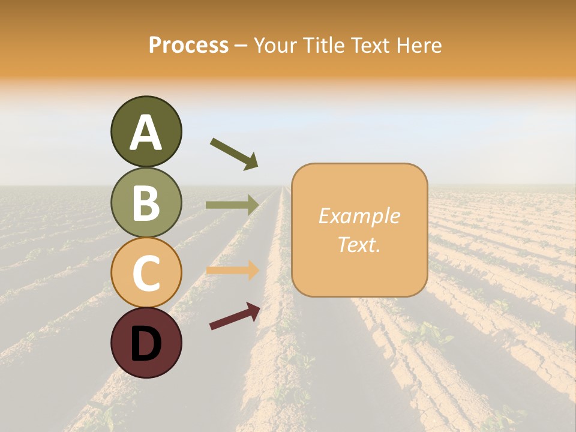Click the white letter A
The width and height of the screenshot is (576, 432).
(146, 133)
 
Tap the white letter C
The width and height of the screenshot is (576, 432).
(146, 273)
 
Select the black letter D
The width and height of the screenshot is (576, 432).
(146, 343)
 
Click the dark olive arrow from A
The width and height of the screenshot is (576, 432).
(234, 154)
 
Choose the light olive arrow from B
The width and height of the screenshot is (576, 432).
(232, 205)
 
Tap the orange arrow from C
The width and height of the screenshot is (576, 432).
(232, 271)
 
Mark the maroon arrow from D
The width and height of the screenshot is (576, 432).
(235, 316)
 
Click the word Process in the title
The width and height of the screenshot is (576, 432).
(188, 45)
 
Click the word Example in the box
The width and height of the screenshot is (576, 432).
(359, 216)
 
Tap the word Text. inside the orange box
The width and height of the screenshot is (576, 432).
(359, 245)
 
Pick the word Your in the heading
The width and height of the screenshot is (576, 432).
(276, 45)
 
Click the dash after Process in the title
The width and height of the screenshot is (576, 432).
(241, 46)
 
